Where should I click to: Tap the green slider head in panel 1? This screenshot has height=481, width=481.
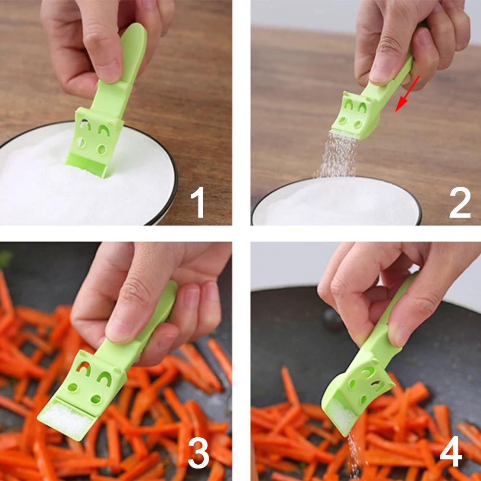coord(95,141)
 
